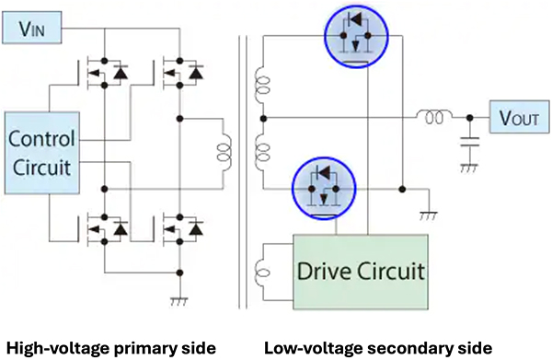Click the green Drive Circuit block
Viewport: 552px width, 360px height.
tap(361, 272)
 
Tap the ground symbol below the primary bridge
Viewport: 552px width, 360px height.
tap(178, 301)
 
